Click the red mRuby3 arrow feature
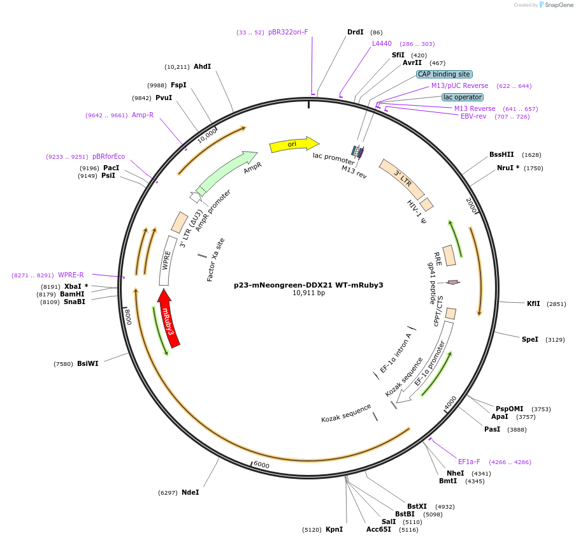pos(169,318)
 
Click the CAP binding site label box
pos(444,74)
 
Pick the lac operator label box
pos(463,97)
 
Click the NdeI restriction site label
pos(190,492)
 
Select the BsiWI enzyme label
pos(88,364)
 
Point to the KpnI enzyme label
pos(334,529)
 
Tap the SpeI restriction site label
pos(530,339)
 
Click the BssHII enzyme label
pos(501,154)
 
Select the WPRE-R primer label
pos(71,275)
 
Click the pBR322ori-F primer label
pos(288,32)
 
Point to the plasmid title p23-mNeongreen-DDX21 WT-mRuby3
pos(308,285)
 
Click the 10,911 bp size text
pos(308,293)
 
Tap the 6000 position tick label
pos(261,465)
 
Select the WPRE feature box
pos(168,260)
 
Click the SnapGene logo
pos(552,5)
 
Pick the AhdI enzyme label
pos(202,66)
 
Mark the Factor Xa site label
pos(216,259)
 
